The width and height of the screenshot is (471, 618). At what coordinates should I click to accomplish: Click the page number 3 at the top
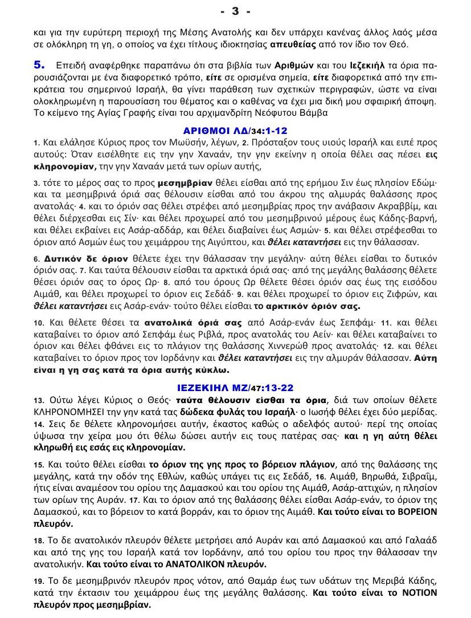click(235, 11)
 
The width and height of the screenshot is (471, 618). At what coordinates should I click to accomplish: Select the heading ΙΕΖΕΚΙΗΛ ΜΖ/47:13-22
click(235, 386)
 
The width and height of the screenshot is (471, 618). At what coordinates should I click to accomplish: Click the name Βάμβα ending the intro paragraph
click(314, 112)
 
